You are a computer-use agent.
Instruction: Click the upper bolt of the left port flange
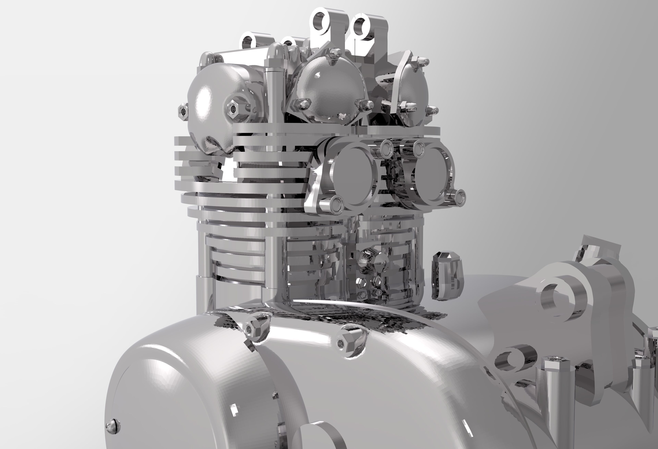(x=386, y=147)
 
